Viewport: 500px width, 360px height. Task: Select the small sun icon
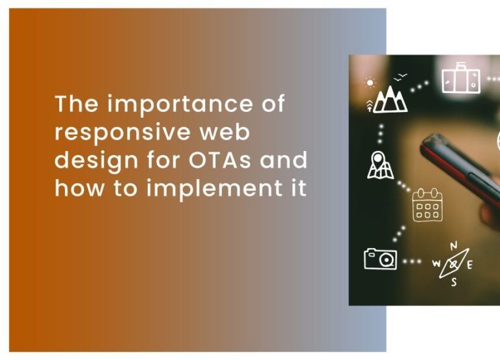pyautogui.click(x=370, y=83)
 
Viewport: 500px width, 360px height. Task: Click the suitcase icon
pyautogui.click(x=461, y=79)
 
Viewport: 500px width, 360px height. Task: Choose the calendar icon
pyautogui.click(x=427, y=205)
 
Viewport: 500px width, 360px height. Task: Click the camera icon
pyautogui.click(x=380, y=258)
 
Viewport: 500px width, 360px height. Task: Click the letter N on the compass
pyautogui.click(x=454, y=245)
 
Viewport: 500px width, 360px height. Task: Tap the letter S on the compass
pyautogui.click(x=454, y=282)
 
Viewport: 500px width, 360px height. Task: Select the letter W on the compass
pyautogui.click(x=437, y=264)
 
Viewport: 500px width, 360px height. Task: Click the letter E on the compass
pyautogui.click(x=469, y=264)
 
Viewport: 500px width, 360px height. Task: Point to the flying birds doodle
pyautogui.click(x=401, y=76)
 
